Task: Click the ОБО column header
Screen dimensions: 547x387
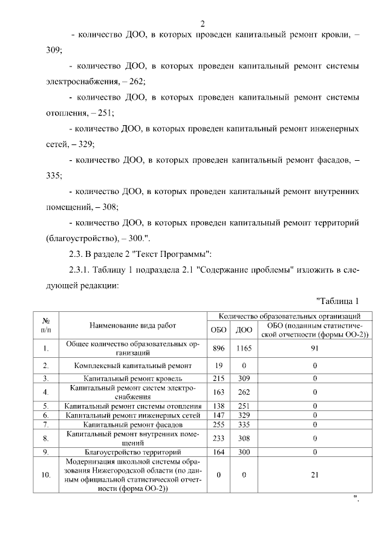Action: coord(218,329)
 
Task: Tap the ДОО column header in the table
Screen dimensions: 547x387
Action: coord(244,329)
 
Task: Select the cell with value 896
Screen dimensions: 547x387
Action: coord(218,348)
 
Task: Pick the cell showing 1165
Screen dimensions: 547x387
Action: coord(244,348)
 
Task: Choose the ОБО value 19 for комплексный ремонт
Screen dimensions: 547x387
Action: coord(218,366)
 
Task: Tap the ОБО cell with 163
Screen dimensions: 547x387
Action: coord(218,392)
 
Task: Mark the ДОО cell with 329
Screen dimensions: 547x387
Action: coord(244,416)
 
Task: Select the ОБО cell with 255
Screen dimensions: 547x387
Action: coord(218,426)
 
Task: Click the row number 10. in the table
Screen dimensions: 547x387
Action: coord(45,475)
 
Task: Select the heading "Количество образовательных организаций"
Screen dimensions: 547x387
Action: coord(290,316)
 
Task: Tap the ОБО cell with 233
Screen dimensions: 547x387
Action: coord(218,439)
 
